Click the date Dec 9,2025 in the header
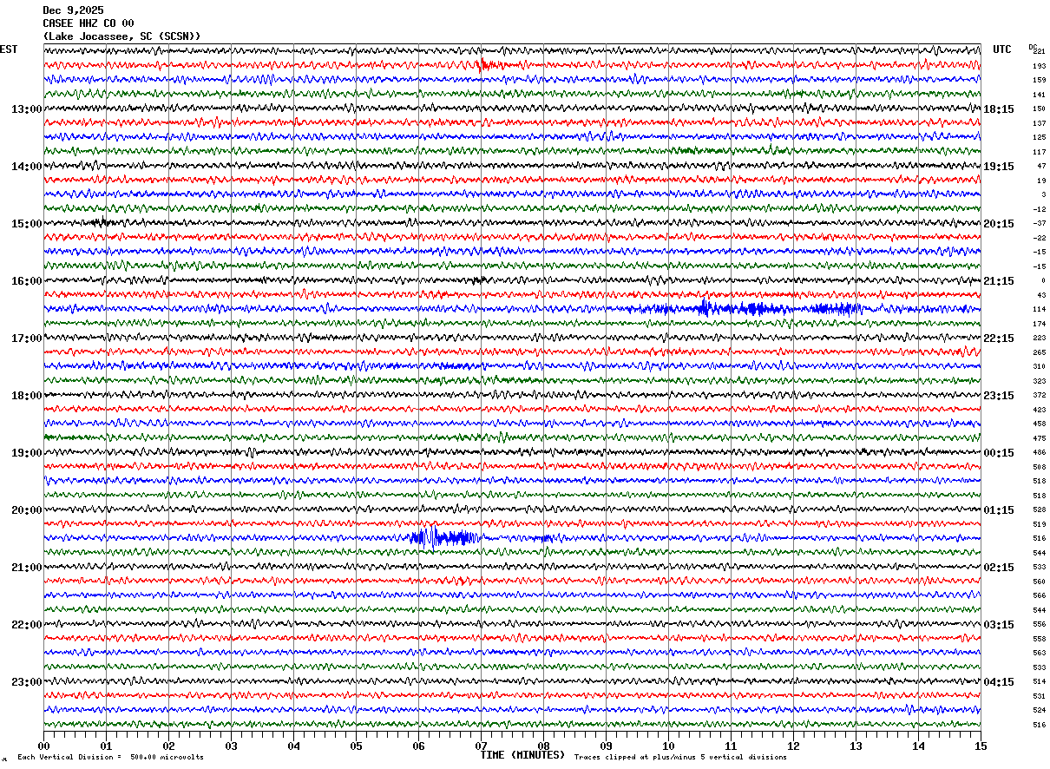pos(73,10)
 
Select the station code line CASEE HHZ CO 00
pos(88,23)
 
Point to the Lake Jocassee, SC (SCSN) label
pos(121,36)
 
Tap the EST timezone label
pos(9,49)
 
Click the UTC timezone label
pos(1002,49)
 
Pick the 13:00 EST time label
pos(26,109)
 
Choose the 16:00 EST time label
pos(26,281)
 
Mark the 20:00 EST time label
pos(26,510)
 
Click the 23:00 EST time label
pos(26,682)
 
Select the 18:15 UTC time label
pos(1000,109)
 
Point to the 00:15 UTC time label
pos(1000,453)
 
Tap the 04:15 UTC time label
pos(1000,682)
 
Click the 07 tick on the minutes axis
pos(481,746)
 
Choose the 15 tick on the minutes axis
pos(981,746)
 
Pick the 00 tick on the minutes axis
pos(43,746)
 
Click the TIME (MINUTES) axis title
pos(522,755)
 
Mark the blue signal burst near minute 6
pos(443,537)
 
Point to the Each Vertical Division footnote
pos(110,758)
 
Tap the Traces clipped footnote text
pos(680,758)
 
